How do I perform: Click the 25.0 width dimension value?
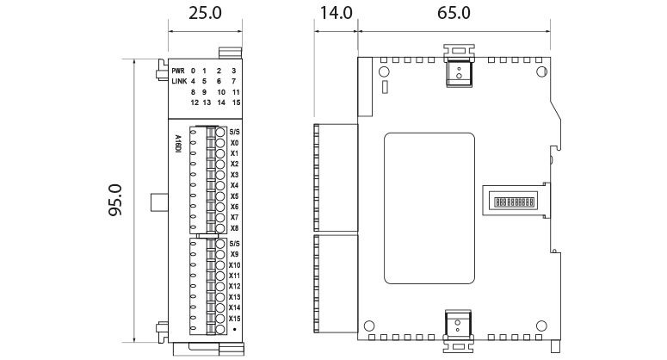205,13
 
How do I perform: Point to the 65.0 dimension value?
454,13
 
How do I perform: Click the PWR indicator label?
177,71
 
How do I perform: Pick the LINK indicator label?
178,81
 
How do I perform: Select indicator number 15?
235,102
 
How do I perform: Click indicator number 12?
194,102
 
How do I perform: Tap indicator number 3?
234,71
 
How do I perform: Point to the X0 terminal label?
234,143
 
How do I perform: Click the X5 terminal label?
234,196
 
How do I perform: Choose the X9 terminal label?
234,255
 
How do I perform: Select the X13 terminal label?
235,297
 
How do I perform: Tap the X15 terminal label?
235,319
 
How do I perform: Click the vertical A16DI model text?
177,141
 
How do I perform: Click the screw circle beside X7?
220,218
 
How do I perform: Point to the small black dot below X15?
234,330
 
